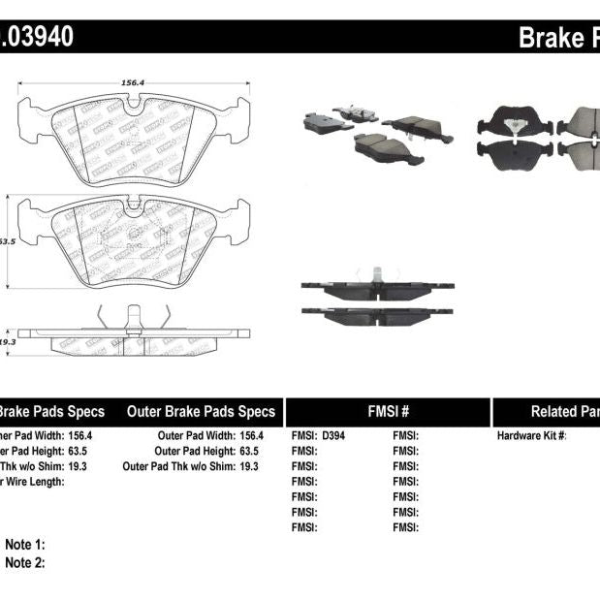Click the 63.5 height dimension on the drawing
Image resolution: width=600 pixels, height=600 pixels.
point(7,240)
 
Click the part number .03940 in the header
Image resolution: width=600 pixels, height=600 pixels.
point(35,38)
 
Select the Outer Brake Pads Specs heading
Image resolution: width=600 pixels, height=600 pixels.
point(201,411)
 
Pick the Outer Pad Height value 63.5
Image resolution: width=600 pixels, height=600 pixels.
point(249,451)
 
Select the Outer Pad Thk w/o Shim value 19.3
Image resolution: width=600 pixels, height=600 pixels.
point(249,466)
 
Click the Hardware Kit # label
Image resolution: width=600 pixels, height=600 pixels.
point(531,436)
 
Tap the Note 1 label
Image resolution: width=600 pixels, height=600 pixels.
point(25,546)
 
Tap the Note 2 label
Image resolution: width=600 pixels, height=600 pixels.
point(25,562)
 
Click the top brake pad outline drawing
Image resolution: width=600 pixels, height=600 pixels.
point(134,136)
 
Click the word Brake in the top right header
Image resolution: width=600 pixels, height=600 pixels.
point(551,38)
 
